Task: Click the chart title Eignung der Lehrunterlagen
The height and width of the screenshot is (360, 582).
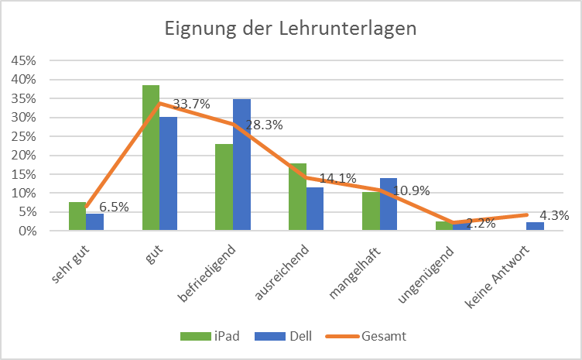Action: [x=290, y=29]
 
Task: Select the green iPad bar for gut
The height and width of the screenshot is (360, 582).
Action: [x=150, y=158]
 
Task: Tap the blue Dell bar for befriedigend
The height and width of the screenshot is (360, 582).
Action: [x=241, y=165]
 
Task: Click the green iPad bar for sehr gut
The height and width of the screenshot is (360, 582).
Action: [x=77, y=216]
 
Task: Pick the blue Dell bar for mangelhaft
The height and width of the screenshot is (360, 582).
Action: [x=389, y=204]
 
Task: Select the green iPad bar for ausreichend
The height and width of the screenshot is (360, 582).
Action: [x=297, y=197]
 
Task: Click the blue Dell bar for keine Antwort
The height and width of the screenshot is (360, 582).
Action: [x=535, y=226]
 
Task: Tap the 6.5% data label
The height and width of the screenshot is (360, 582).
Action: [x=113, y=207]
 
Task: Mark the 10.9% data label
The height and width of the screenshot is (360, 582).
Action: [x=413, y=191]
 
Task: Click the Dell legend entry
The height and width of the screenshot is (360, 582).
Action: [x=286, y=336]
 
